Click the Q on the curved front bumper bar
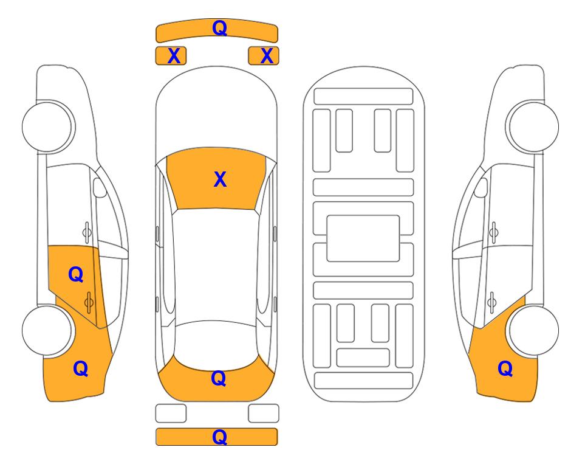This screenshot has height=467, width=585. click(219, 27)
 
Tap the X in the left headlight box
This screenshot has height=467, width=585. click(174, 56)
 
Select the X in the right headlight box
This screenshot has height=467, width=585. click(267, 56)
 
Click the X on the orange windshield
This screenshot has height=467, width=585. click(220, 179)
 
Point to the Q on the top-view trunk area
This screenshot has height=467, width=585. click(218, 378)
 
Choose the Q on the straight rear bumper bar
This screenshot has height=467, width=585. click(219, 437)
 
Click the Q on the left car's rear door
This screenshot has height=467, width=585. click(75, 275)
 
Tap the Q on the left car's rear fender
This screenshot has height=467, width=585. click(80, 368)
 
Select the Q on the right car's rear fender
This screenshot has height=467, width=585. click(505, 368)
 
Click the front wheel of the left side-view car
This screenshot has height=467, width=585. click(47, 127)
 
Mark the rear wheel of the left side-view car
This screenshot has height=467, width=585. click(47, 331)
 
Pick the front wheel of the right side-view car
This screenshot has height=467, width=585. click(533, 127)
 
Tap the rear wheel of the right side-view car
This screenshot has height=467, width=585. click(533, 331)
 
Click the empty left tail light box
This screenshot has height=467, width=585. click(171, 413)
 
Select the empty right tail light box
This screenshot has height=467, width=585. click(264, 413)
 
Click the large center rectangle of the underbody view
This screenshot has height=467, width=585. click(363, 238)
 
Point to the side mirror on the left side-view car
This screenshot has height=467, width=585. click(100, 187)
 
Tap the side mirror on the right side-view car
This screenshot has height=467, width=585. click(481, 187)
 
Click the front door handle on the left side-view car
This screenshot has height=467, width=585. click(87, 232)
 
